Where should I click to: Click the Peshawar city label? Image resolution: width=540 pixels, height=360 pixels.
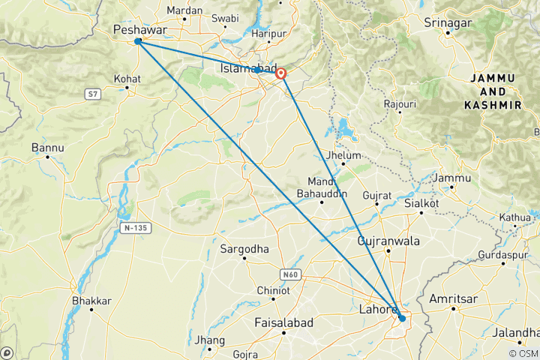pyautogui.click(x=139, y=29)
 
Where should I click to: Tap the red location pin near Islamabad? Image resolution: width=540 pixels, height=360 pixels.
pyautogui.click(x=281, y=73)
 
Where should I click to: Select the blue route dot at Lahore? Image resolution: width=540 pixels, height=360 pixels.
pyautogui.click(x=402, y=319)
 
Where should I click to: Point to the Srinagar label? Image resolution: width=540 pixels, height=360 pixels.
pyautogui.click(x=447, y=23)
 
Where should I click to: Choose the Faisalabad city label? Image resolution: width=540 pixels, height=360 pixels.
pyautogui.click(x=284, y=322)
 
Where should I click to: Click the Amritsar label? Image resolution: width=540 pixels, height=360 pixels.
pyautogui.click(x=453, y=298)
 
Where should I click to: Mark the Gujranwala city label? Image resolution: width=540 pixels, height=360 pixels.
pyautogui.click(x=388, y=241)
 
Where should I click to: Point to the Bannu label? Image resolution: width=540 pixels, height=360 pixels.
pyautogui.click(x=46, y=148)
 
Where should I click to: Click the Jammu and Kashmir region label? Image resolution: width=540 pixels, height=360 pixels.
pyautogui.click(x=493, y=91)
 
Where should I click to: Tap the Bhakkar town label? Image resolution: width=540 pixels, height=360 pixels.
pyautogui.click(x=91, y=301)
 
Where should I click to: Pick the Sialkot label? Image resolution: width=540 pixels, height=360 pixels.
pyautogui.click(x=421, y=203)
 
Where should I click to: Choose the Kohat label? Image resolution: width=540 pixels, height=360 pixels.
pyautogui.click(x=127, y=78)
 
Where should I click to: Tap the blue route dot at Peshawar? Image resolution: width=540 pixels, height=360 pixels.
pyautogui.click(x=138, y=41)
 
